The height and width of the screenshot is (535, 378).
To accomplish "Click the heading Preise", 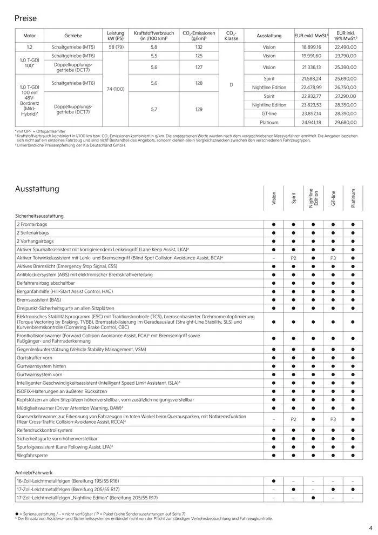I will point(25,18).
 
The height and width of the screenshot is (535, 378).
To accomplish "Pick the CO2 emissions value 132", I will point(198,47).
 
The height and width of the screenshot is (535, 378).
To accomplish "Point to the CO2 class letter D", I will point(231,84).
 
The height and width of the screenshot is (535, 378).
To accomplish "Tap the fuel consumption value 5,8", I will point(154,47).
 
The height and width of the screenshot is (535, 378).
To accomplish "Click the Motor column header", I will point(29,36).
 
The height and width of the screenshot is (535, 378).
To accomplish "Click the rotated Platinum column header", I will point(353,198).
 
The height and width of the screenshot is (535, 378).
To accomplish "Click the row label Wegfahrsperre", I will point(32,456).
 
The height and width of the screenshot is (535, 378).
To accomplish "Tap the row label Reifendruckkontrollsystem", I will point(44,430).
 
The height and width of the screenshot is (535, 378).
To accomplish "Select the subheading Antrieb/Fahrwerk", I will point(35,472).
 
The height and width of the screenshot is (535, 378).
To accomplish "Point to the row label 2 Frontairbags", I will point(32,224).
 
